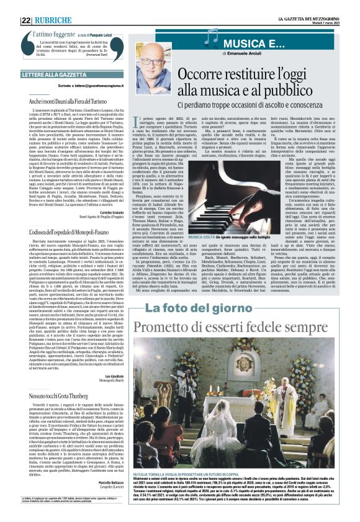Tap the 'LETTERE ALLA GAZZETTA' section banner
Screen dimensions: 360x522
click(x=58, y=75)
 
